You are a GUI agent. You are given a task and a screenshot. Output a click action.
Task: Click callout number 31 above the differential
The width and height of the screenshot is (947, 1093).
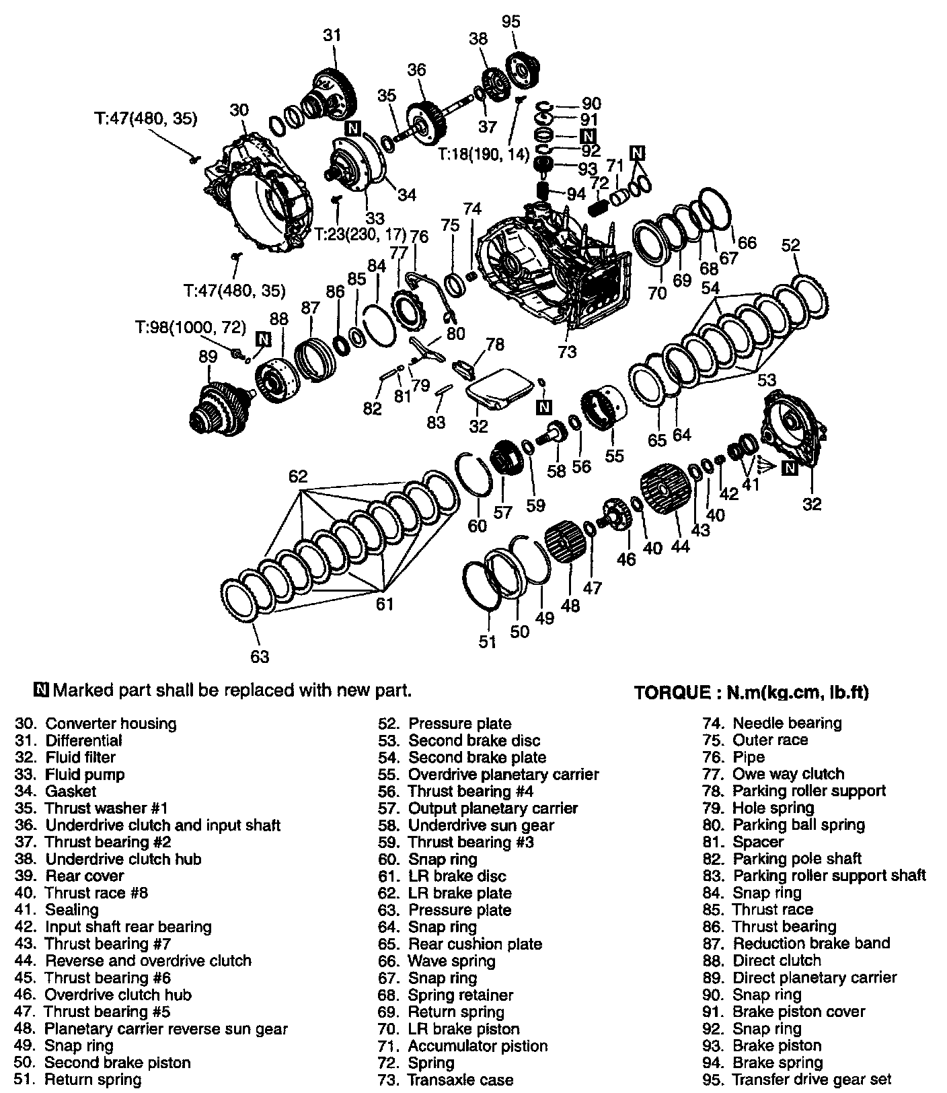[x=332, y=34]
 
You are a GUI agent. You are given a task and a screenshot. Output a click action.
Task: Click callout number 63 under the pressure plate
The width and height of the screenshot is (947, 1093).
[x=260, y=656]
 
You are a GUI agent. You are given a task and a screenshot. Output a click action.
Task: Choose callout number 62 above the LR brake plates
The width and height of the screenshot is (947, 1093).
[x=298, y=477]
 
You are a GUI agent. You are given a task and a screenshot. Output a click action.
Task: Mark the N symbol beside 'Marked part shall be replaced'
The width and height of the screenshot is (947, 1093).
[x=42, y=690]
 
